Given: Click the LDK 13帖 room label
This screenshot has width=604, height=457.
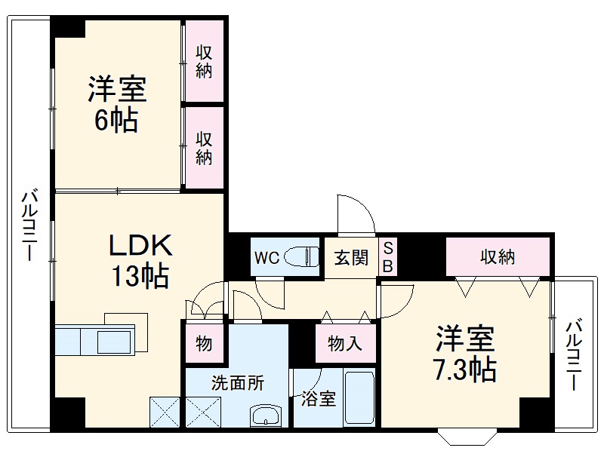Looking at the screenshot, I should click(x=140, y=260).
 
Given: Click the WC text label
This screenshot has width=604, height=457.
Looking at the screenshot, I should click(x=266, y=258).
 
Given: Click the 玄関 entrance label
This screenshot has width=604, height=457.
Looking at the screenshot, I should click(x=351, y=258).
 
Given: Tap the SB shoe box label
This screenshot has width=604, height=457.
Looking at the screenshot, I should click(x=388, y=257).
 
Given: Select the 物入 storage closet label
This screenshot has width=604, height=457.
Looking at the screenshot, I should click(x=344, y=344).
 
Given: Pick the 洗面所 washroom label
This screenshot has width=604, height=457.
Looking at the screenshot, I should click(x=237, y=382).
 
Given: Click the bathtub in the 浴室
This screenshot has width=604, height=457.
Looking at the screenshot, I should click(x=359, y=400).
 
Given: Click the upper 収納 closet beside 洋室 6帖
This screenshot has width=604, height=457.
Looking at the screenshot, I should click(x=205, y=62).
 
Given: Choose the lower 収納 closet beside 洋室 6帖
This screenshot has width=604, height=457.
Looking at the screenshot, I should click(x=205, y=148).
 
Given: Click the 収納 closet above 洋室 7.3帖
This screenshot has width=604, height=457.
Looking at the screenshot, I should click(x=498, y=257).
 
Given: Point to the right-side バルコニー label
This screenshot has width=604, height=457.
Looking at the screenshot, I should click(x=575, y=354).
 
